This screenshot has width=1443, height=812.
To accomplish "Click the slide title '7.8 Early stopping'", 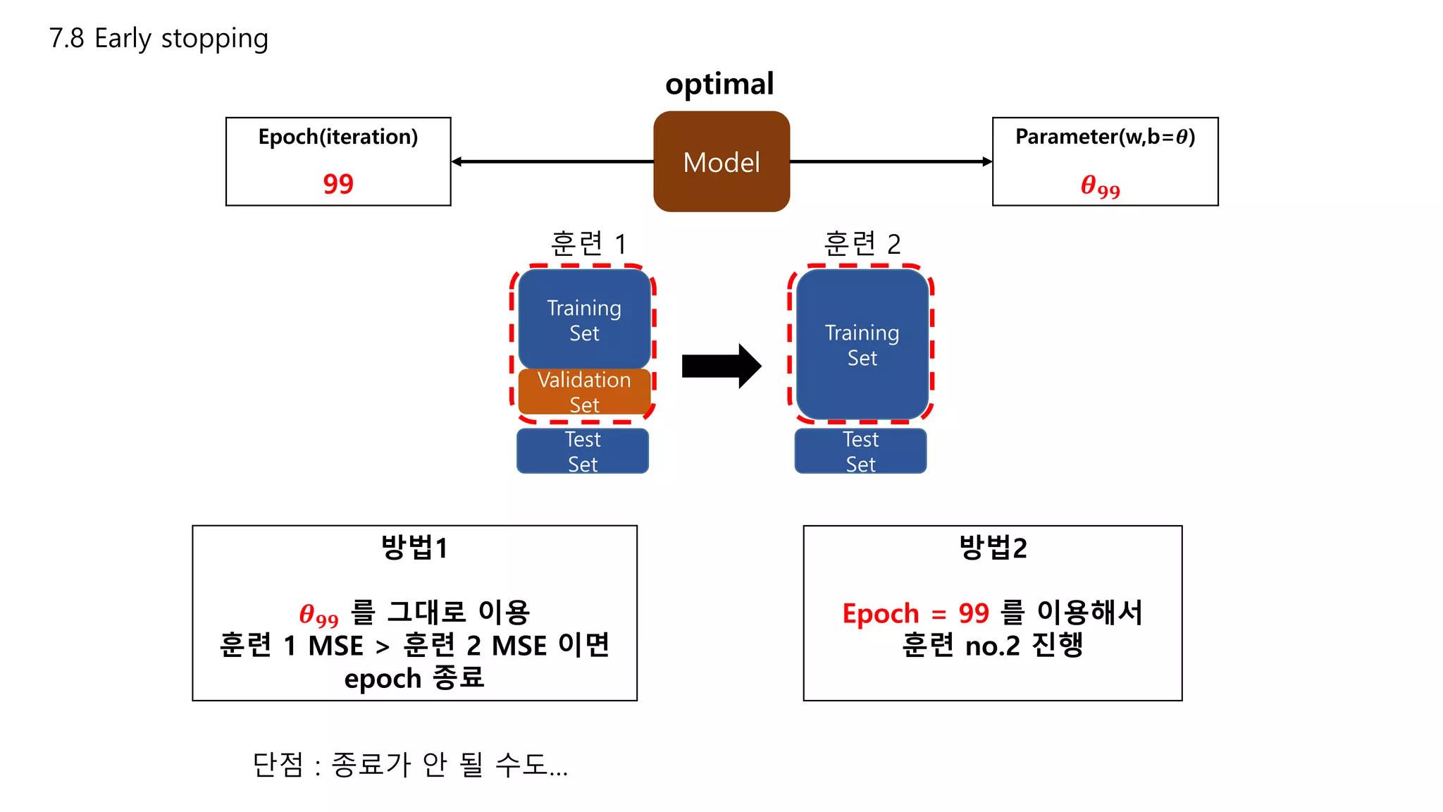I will (159, 38).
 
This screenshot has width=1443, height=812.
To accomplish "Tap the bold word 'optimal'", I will (719, 85).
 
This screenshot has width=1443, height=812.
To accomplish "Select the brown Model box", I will (721, 162).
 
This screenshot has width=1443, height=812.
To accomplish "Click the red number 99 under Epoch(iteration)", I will (338, 184).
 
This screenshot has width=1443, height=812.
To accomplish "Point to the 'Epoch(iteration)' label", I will (338, 137).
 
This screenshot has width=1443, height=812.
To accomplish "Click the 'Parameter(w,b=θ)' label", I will (1105, 137).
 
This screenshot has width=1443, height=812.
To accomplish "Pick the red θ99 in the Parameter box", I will (1100, 187).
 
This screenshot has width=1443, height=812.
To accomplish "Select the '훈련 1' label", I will (588, 244).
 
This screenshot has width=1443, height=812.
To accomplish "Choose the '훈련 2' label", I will (862, 244).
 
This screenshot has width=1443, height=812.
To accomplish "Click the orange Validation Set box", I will (584, 392).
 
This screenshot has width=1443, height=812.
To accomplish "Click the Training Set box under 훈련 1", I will (584, 319).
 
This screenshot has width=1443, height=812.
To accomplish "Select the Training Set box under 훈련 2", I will (862, 345).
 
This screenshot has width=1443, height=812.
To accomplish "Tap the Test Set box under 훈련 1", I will (583, 451).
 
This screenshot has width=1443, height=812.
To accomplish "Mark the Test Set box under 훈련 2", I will (860, 451).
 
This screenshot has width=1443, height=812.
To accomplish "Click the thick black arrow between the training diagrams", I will (721, 366).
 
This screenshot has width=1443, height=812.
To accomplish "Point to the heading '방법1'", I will (414, 548).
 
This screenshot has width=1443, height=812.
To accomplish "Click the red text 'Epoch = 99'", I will (915, 613).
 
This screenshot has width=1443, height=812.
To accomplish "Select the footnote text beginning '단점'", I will (410, 765).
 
